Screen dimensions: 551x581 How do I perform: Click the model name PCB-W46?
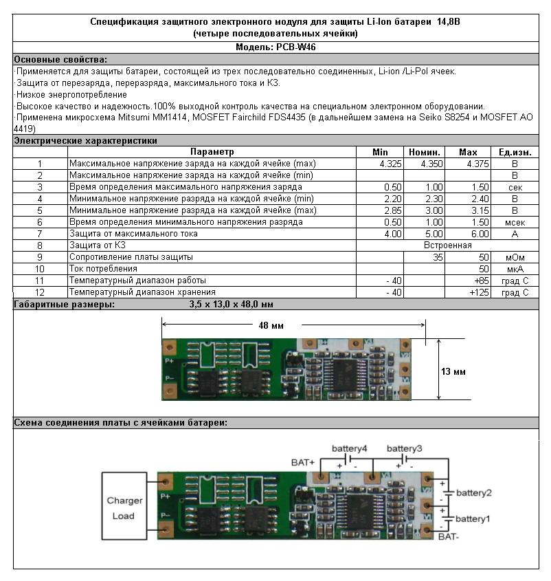coord(296,47)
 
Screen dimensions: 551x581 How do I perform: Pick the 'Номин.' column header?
coord(425,152)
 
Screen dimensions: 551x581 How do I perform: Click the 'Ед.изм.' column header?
coord(515,152)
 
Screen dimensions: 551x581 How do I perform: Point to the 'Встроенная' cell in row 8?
coord(448,245)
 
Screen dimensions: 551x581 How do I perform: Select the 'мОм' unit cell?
coord(515,258)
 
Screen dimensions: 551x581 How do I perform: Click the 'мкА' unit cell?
coord(515,270)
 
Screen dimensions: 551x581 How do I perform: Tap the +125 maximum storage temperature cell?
coord(479,293)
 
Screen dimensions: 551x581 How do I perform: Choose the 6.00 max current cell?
coord(480,234)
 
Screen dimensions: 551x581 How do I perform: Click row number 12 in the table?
coord(40,293)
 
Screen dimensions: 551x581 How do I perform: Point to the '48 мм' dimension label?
coord(271,326)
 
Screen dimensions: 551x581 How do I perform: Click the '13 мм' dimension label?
coord(453,372)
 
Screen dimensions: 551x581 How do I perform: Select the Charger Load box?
coord(124,506)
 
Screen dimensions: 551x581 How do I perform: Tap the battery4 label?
coord(349,449)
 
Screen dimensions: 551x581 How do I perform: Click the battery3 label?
coord(405,449)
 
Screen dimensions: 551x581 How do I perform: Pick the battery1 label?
coord(473,518)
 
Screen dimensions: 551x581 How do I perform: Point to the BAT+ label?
coord(303,463)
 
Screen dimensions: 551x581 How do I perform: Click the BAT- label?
coord(449,536)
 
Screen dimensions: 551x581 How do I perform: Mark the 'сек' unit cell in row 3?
coord(515,188)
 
